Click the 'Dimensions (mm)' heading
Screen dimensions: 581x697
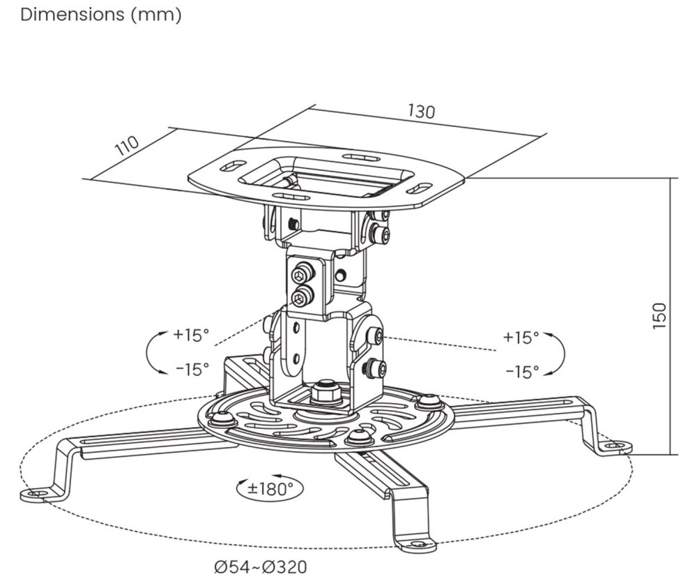[101, 15]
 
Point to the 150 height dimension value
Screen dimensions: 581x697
[660, 315]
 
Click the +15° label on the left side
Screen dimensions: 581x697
[191, 335]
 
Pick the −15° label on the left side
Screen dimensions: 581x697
[191, 370]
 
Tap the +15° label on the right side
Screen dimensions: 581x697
[521, 338]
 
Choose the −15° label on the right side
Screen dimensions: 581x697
[521, 372]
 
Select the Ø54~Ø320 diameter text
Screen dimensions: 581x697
[261, 567]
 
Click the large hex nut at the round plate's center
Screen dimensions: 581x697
[325, 392]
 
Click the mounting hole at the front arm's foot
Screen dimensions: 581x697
[418, 543]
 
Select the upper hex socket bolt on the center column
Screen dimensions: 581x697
[302, 273]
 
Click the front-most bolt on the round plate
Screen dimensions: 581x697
[359, 437]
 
